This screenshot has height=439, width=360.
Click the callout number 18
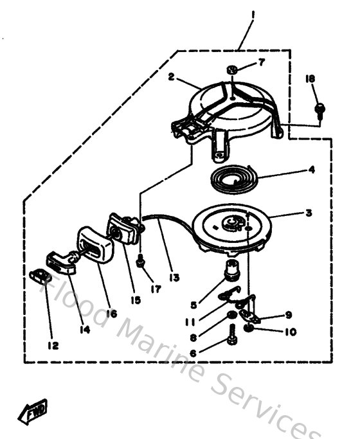pos(310,78)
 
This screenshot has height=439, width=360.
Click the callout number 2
pos(172,76)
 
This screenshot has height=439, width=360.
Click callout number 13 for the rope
pos(175,278)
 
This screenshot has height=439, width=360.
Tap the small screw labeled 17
pos(140,260)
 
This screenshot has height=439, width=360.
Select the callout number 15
pos(134,300)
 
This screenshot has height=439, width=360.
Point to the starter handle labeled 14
pos(63,264)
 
